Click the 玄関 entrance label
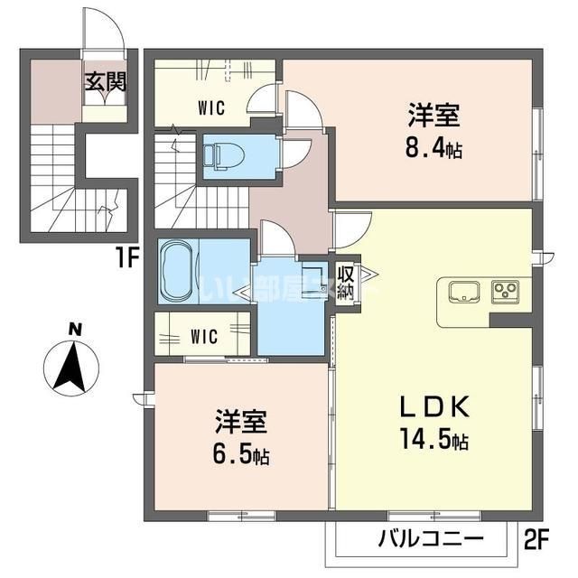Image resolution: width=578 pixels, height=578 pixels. point(106,81)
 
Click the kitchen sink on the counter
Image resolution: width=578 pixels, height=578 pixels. point(465,292)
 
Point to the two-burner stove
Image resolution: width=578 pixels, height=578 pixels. point(504,292)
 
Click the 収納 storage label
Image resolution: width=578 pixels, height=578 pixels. point(346,282)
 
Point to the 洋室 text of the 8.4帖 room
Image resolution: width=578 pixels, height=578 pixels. point(434,117)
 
